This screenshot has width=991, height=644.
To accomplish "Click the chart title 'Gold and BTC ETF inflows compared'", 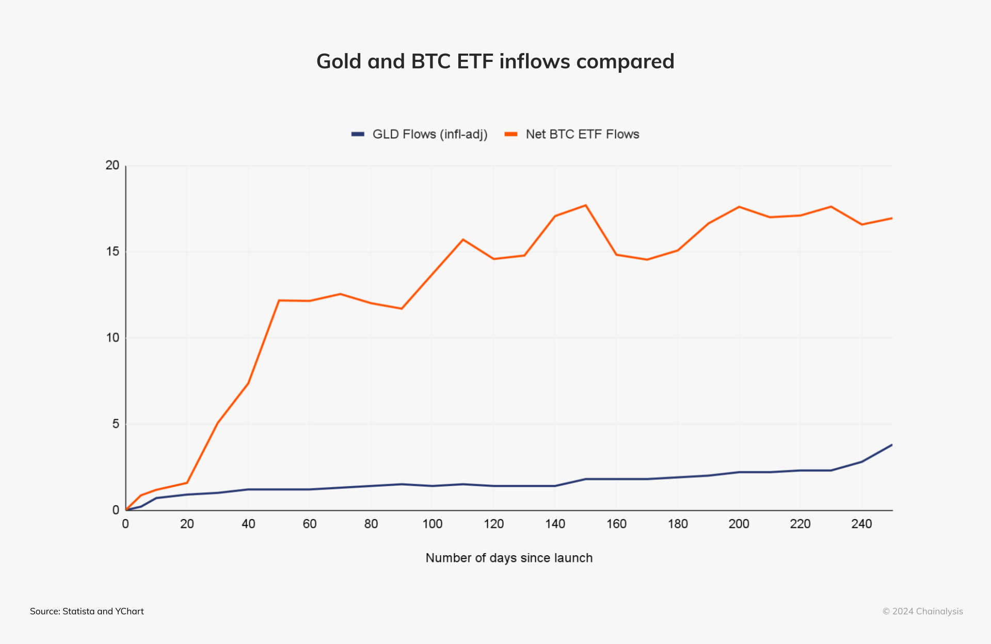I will [x=495, y=61].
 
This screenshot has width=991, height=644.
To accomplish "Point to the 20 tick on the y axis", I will [x=112, y=165].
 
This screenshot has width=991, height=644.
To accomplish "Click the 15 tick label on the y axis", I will [x=112, y=251].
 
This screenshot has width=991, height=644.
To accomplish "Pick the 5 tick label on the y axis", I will [x=116, y=424].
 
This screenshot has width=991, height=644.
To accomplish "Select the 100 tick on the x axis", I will [x=432, y=524].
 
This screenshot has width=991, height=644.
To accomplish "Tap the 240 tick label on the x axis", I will [x=861, y=524].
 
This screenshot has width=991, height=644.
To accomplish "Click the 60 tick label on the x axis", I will [x=310, y=524].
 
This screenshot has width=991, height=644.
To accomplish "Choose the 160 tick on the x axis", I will [x=616, y=524].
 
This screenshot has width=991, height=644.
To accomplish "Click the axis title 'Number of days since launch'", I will [x=509, y=558].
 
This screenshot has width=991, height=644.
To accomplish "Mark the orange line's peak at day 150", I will [x=586, y=205].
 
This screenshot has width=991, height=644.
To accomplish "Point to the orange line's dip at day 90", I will [x=402, y=309].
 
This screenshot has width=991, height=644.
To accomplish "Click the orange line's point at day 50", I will [x=279, y=300].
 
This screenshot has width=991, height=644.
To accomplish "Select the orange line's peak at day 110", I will [x=463, y=239].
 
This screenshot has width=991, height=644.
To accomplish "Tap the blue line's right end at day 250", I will [x=892, y=445].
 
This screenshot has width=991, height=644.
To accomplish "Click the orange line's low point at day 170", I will [x=647, y=260].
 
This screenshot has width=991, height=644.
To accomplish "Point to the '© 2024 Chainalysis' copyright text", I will [x=922, y=611].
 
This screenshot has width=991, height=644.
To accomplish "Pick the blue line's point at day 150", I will [x=586, y=479].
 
